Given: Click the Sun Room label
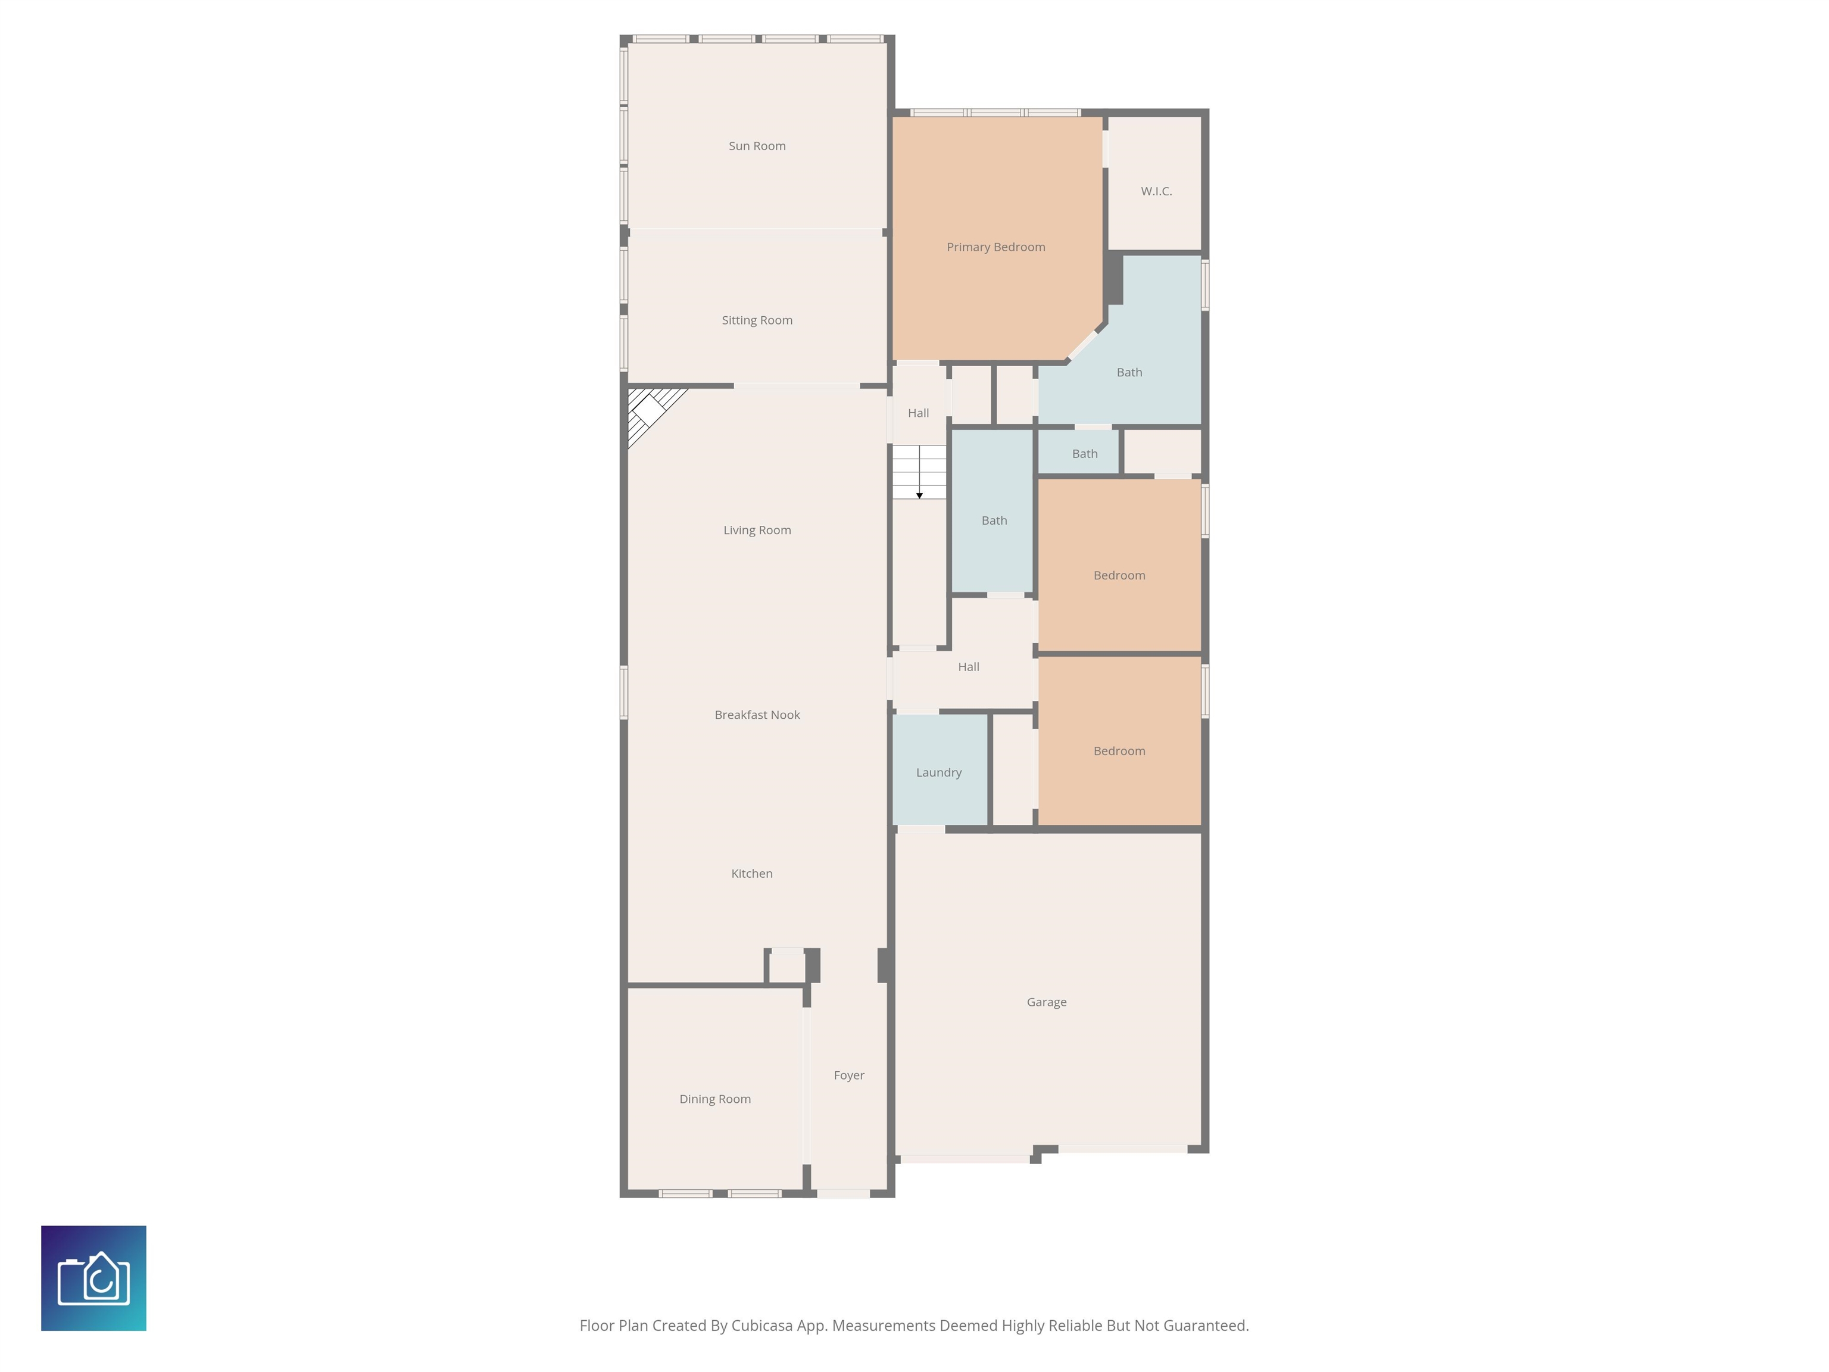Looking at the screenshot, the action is click(x=757, y=145).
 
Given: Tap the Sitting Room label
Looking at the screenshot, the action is click(x=757, y=320).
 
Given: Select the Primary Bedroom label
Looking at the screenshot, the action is click(x=995, y=247).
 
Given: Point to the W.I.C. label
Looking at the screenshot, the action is click(x=1156, y=191).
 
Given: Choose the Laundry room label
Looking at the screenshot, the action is click(x=938, y=772).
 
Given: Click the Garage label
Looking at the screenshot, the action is click(x=1046, y=1002).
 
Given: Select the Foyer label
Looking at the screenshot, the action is click(x=848, y=1075).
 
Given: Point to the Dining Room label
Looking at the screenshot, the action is click(x=714, y=1099).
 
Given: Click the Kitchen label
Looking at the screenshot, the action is click(x=751, y=874).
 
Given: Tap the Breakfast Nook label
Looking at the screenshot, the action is click(x=757, y=715).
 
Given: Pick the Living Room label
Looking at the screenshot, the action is click(x=757, y=530).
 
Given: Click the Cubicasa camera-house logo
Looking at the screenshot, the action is click(x=93, y=1279).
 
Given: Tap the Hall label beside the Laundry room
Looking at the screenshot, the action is click(x=968, y=666).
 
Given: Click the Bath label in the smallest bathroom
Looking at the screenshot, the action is click(x=1085, y=454).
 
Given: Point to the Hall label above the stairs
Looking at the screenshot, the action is click(x=918, y=413).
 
